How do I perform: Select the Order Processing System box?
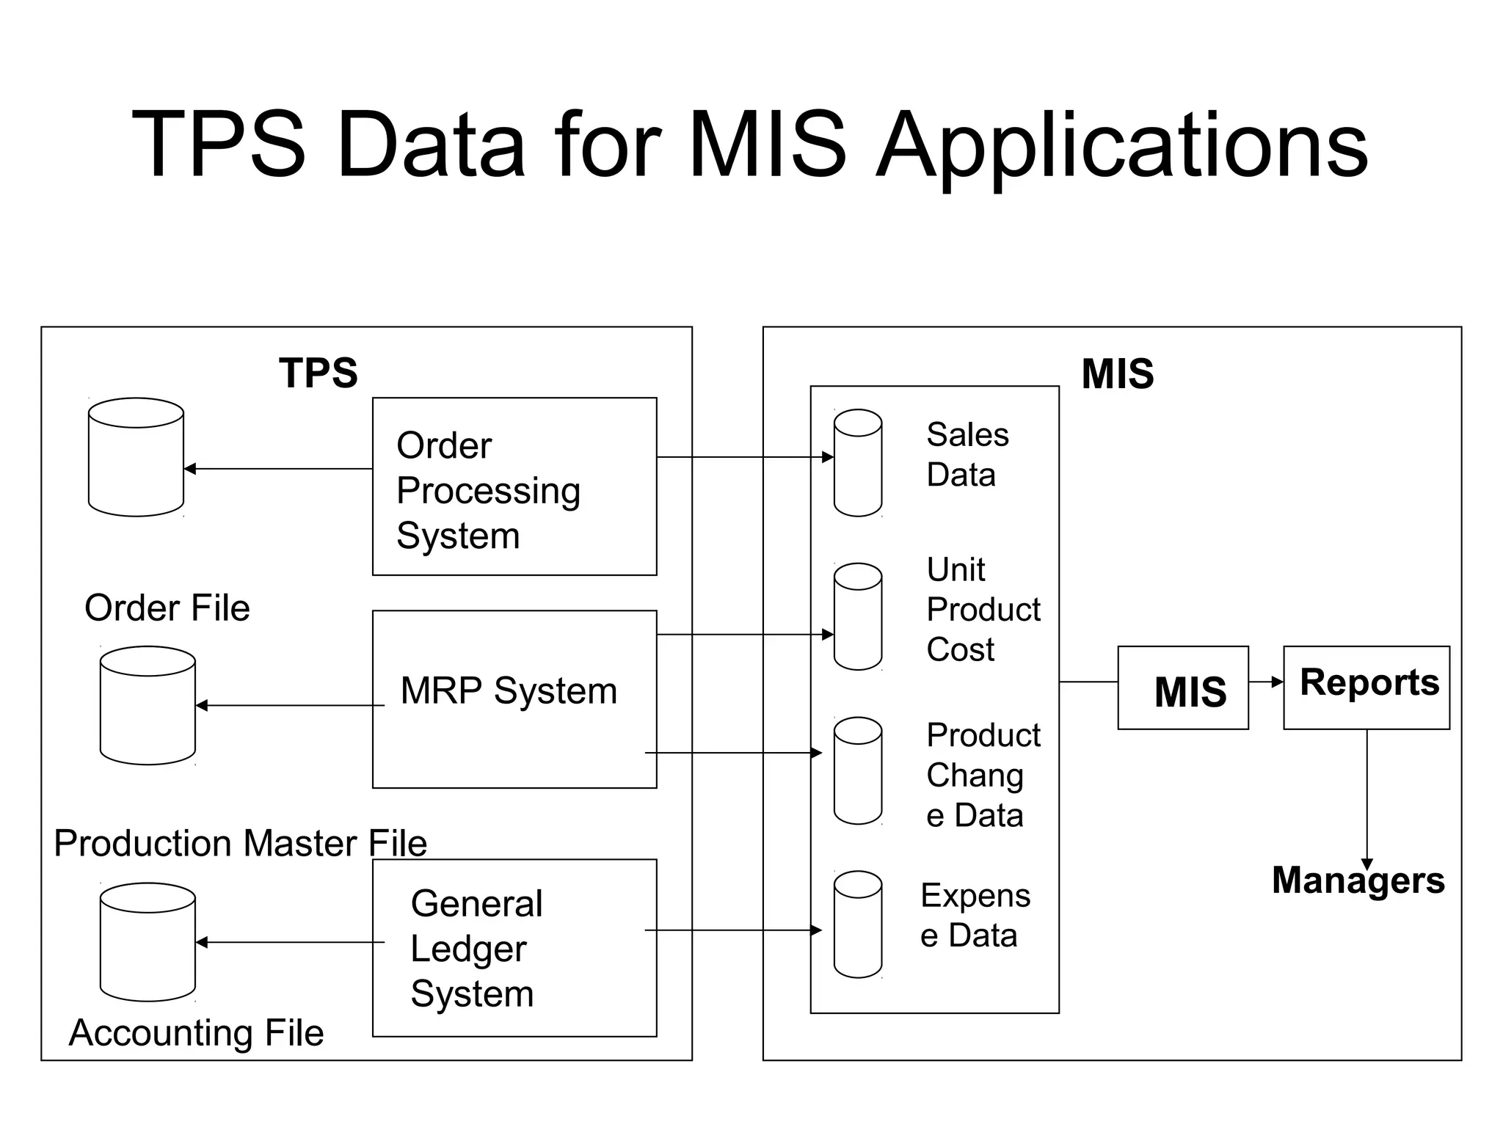tap(514, 486)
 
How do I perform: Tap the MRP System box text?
tap(509, 691)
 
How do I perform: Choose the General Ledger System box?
tap(514, 947)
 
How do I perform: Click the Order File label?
tap(167, 608)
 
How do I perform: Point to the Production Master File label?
tap(240, 843)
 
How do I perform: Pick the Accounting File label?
tap(196, 1032)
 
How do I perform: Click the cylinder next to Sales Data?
tap(857, 463)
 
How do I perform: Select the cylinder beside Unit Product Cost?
tap(857, 616)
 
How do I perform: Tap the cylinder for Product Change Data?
tap(857, 770)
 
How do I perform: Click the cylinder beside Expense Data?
tap(857, 924)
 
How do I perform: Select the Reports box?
tap(1366, 687)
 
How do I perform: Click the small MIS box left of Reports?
tap(1182, 687)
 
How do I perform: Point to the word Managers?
tap(1358, 880)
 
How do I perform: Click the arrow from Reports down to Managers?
tap(1366, 800)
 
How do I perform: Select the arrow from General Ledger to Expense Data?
tap(734, 930)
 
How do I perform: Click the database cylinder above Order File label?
tap(136, 457)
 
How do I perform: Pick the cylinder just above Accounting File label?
tap(148, 941)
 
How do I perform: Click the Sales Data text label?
tap(967, 454)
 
